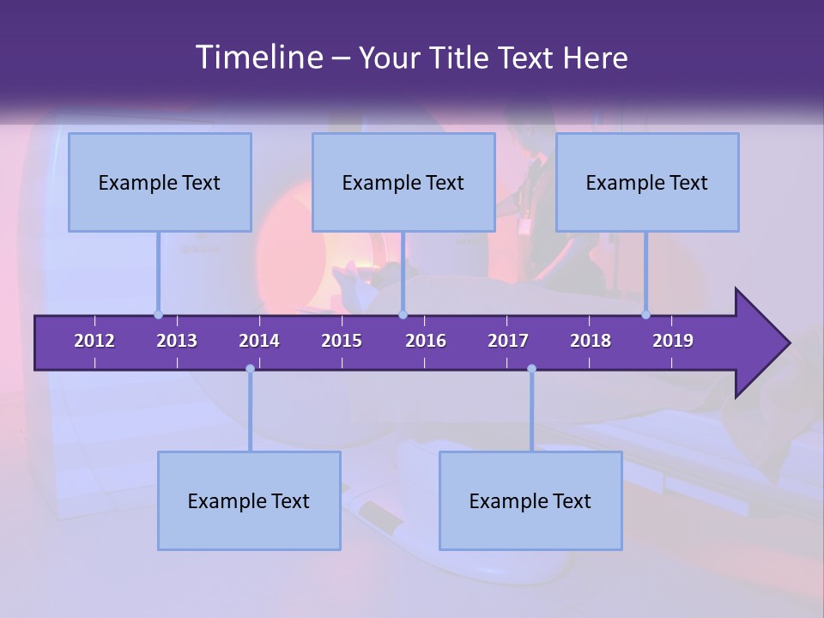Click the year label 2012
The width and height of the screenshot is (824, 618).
[94, 341]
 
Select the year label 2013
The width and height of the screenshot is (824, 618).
[177, 341]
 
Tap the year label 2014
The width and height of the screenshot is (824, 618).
[259, 341]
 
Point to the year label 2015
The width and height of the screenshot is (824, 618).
[342, 341]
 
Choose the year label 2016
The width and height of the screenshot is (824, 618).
[426, 341]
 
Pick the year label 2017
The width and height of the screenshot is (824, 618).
[508, 341]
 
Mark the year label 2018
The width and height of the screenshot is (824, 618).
[591, 341]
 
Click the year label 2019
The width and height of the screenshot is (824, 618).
[673, 341]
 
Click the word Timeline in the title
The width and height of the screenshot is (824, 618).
[257, 58]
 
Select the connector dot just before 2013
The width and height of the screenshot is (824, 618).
[158, 314]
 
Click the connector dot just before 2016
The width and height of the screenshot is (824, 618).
[403, 314]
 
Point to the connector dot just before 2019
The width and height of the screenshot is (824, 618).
[645, 314]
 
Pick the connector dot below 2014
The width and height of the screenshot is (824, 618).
[250, 368]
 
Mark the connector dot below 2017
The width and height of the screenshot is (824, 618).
[531, 368]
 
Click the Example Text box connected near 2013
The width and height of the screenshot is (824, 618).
[160, 182]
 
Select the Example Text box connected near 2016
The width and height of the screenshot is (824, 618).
[403, 182]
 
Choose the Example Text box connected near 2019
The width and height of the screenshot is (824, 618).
[647, 182]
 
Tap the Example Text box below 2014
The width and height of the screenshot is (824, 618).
[249, 500]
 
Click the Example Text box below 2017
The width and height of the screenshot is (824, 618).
[530, 500]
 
